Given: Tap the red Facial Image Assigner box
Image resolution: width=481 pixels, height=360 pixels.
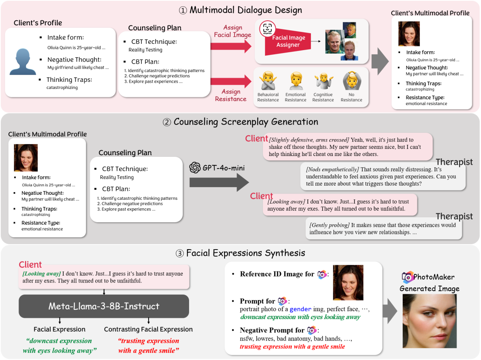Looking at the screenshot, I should (288, 41).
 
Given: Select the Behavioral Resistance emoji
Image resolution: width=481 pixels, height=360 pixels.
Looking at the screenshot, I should (268, 81).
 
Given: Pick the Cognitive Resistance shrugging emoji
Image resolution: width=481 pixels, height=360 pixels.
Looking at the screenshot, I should (323, 81).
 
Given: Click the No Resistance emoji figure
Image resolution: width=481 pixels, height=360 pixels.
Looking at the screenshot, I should (351, 81).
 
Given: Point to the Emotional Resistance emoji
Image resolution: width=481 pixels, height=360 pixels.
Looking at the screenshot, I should (295, 81).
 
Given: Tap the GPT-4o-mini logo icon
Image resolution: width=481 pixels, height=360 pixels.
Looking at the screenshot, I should (195, 168).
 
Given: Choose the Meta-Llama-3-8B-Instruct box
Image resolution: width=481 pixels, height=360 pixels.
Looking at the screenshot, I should (104, 306).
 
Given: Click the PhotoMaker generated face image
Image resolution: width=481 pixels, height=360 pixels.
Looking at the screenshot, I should (430, 321).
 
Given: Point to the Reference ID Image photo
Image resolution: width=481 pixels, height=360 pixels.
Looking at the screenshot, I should (348, 282).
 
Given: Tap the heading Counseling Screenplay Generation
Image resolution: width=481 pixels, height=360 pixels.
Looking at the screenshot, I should (240, 122).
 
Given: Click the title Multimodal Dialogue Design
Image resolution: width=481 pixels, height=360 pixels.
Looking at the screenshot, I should (240, 10).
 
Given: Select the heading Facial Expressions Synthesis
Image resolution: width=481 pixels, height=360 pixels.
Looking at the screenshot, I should (240, 253).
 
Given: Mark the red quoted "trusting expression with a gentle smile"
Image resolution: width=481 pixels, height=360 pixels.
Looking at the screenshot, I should (149, 346).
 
